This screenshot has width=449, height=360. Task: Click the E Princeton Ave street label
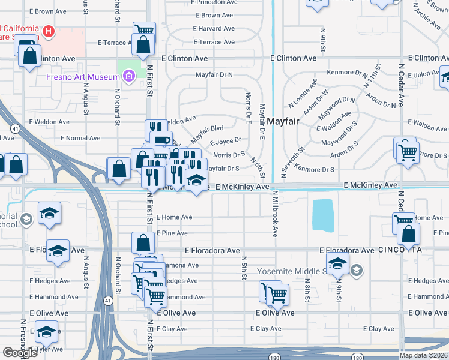[x=217, y=2]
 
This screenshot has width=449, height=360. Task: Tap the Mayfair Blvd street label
[x=207, y=128]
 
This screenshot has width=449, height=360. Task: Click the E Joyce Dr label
[x=225, y=142]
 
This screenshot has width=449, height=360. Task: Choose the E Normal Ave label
[x=82, y=138]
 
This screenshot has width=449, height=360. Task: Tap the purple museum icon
[x=128, y=76]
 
